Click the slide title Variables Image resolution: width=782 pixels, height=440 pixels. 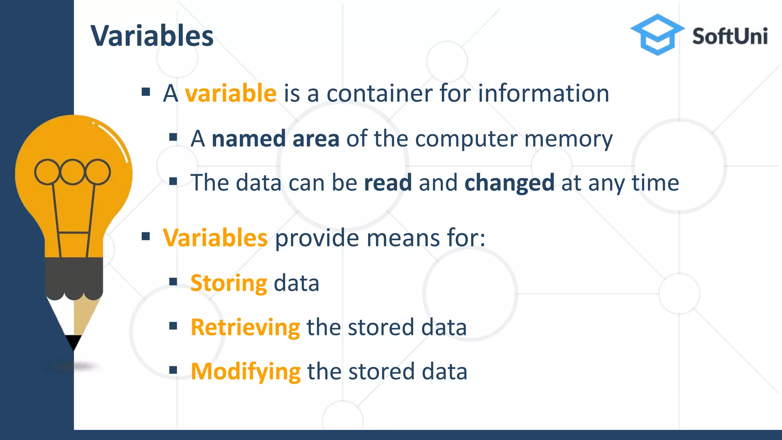(152, 36)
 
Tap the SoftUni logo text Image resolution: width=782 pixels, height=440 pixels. (730, 36)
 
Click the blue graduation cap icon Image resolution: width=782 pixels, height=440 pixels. (657, 34)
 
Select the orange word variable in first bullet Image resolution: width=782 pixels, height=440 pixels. (231, 93)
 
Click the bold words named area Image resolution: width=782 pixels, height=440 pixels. (275, 138)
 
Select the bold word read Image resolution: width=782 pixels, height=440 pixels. (388, 183)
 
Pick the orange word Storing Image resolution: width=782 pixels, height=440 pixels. (229, 283)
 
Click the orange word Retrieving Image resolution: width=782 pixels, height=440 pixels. (245, 328)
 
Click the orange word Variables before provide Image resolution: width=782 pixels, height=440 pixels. (215, 238)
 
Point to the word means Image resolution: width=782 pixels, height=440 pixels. (403, 238)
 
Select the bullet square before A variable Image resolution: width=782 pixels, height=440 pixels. (145, 92)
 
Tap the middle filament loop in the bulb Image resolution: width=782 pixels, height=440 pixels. (72, 172)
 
